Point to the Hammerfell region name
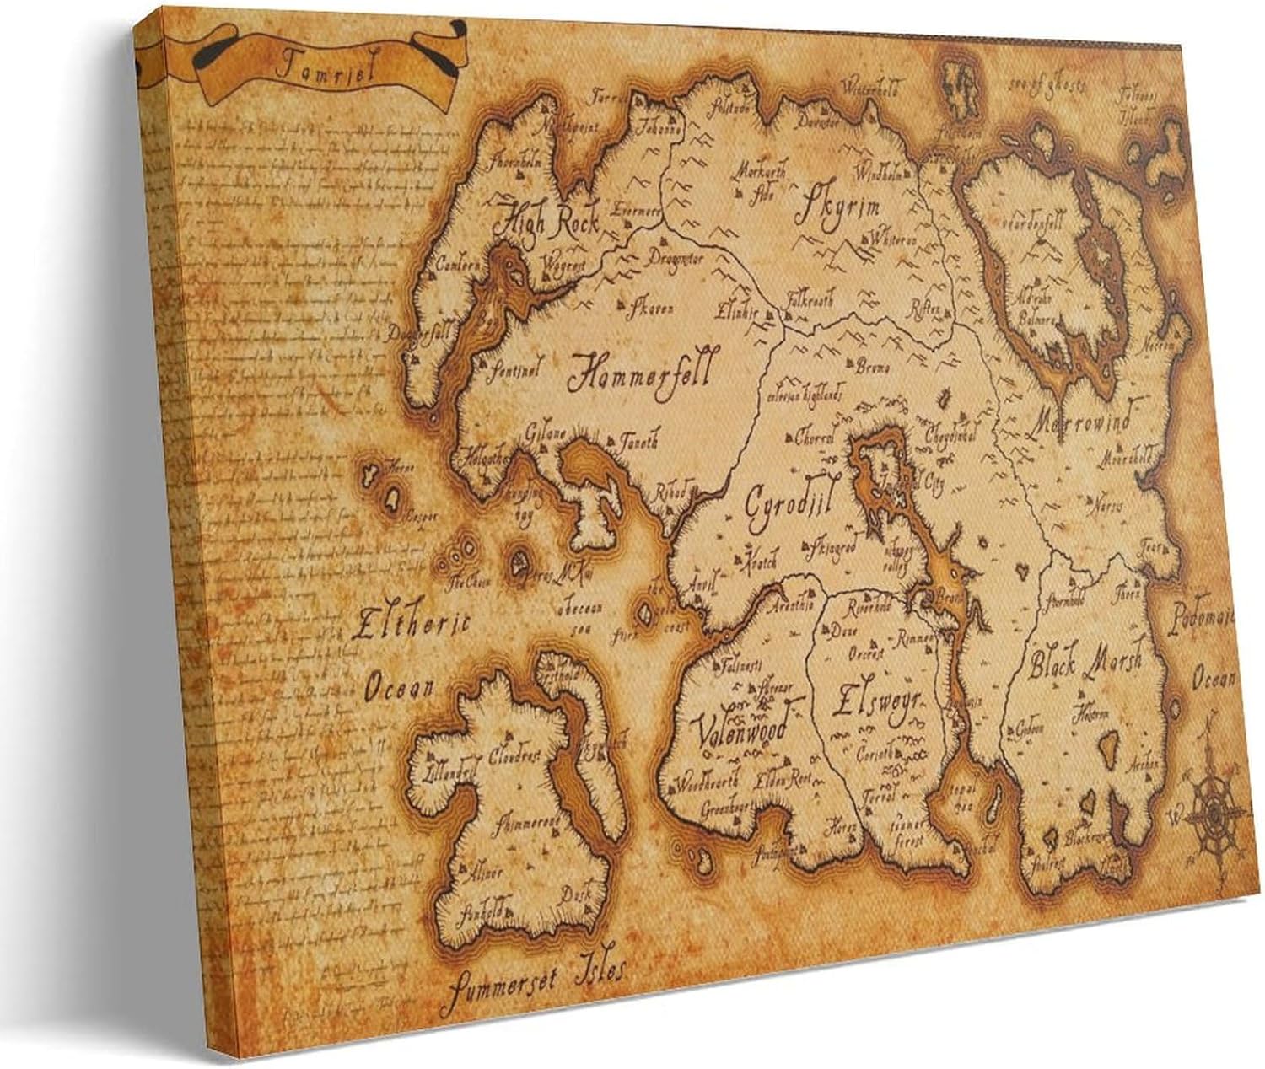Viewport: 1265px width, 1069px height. [641, 371]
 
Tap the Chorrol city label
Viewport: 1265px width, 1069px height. [815, 438]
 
